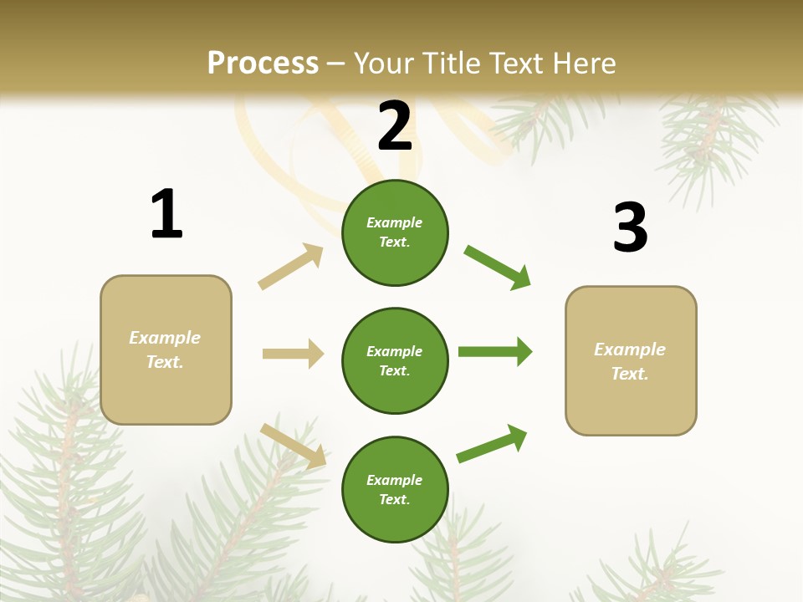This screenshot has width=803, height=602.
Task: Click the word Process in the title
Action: (263, 64)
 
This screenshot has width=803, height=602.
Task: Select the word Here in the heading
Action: (581, 64)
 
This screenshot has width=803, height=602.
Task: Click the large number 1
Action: (166, 214)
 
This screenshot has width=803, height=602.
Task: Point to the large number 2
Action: (395, 125)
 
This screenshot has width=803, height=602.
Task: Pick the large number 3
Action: (630, 227)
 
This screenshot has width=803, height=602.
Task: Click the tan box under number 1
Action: (166, 349)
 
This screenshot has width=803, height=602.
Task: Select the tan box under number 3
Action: (631, 361)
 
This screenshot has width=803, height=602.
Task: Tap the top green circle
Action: (395, 232)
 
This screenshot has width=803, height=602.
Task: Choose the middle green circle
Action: (395, 361)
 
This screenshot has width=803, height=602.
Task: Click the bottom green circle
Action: (395, 490)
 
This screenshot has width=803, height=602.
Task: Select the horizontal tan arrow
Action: (293, 354)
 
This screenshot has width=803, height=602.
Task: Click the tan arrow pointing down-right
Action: (294, 445)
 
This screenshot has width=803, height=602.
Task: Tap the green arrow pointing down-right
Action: (498, 268)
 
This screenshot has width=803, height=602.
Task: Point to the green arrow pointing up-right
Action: (493, 444)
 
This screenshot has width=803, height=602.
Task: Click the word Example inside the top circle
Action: (394, 223)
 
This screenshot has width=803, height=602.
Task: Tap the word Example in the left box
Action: (165, 338)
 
